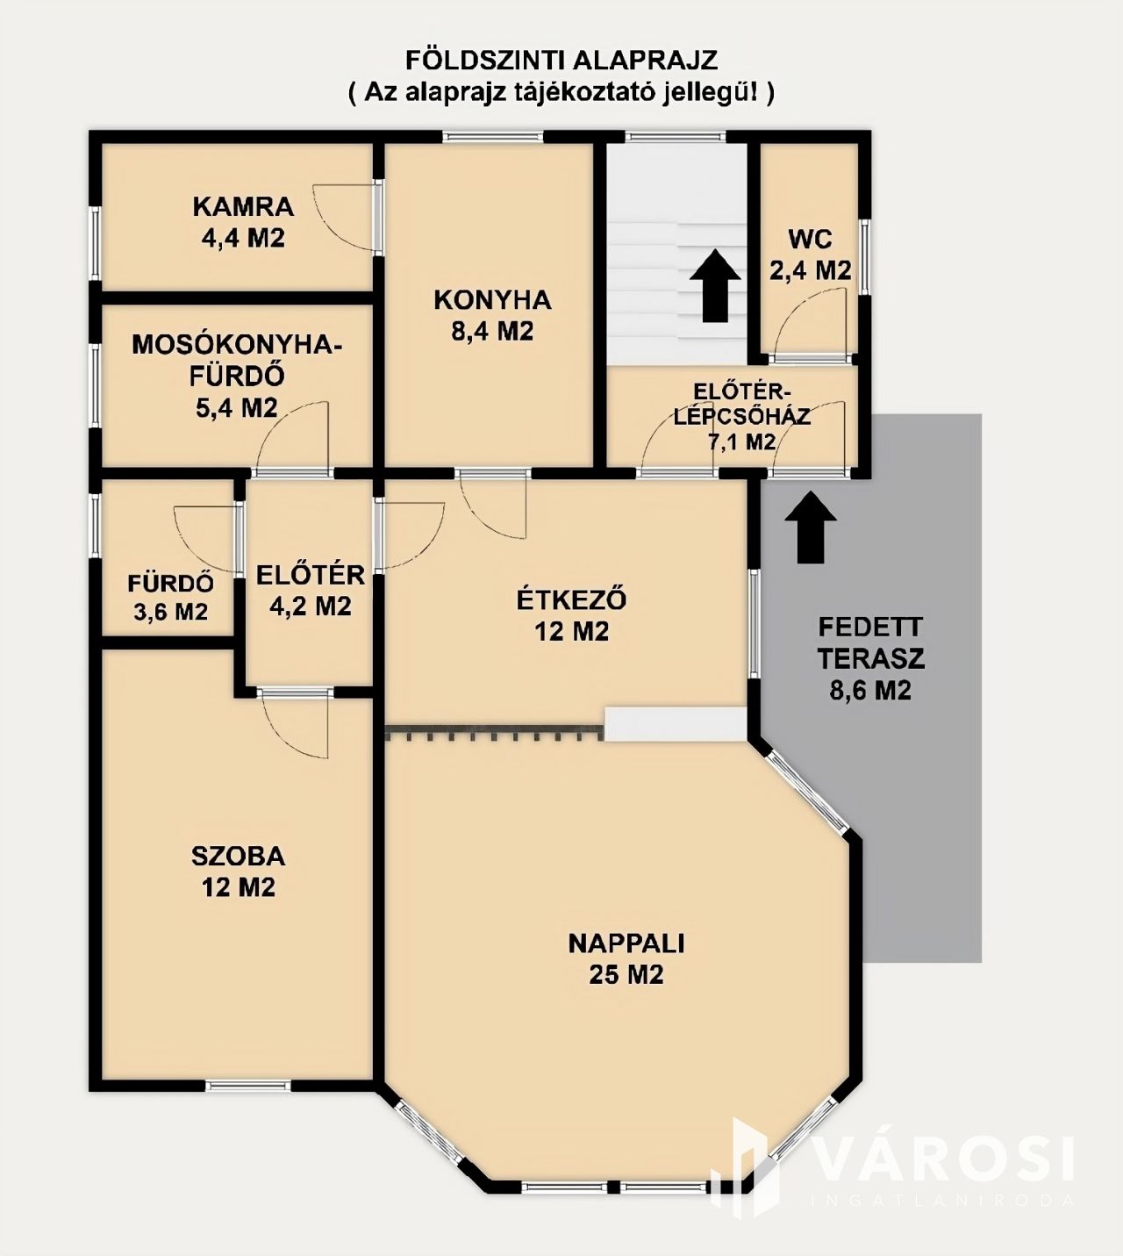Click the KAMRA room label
tap(243, 206)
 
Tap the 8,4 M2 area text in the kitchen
tap(492, 332)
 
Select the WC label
tap(810, 240)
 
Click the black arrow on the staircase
tap(715, 286)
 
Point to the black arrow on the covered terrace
tap(811, 527)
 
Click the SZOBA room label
tap(238, 856)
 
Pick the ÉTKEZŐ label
tap(571, 599)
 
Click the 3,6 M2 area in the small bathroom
tap(170, 613)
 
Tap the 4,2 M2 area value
tap(311, 606)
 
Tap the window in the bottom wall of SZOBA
tap(248, 1086)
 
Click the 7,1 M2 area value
tap(742, 442)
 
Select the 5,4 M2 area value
tap(236, 408)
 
